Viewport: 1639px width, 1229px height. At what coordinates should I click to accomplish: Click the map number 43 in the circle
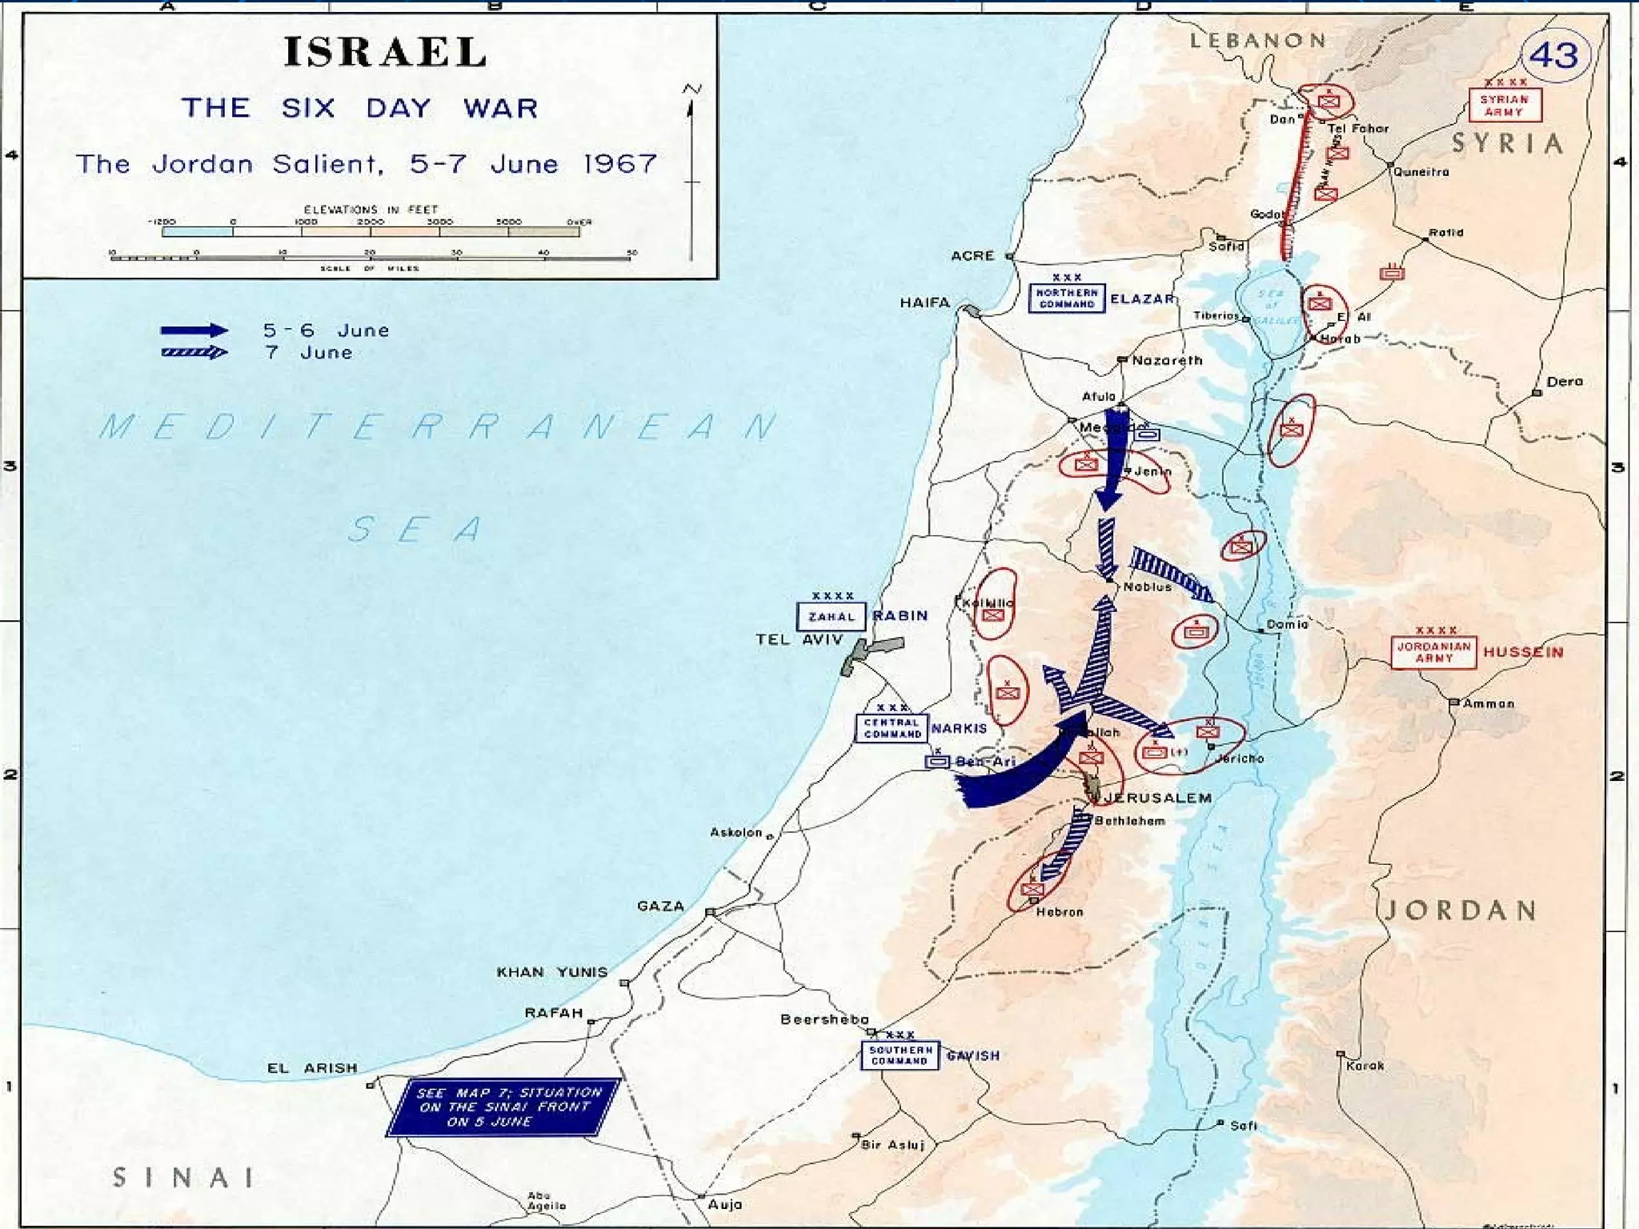tap(1553, 55)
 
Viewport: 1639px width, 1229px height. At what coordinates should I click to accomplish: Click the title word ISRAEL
tap(385, 52)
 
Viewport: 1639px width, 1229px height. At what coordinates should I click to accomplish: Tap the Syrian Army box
tap(1505, 105)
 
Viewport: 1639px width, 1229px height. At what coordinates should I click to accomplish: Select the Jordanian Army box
tap(1433, 652)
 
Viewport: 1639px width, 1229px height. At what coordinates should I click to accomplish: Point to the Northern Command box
tap(1066, 298)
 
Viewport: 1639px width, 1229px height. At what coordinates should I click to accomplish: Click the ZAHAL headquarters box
tap(831, 616)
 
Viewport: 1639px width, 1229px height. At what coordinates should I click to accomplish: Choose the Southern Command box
tap(900, 1055)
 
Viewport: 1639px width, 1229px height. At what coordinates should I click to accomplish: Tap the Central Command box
tap(892, 728)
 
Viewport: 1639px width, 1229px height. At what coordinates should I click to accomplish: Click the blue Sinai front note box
tap(503, 1107)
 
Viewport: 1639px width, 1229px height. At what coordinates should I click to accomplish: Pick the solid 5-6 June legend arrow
tap(194, 330)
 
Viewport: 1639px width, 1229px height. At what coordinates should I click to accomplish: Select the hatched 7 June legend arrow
tap(194, 353)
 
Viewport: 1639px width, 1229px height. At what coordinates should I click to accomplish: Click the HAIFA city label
tap(924, 302)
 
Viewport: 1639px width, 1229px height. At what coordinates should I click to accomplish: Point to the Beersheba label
tap(824, 1019)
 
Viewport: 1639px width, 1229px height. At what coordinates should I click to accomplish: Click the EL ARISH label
tap(312, 1068)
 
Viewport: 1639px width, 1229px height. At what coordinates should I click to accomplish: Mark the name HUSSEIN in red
tap(1522, 652)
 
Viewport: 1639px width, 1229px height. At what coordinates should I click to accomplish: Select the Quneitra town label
tap(1421, 172)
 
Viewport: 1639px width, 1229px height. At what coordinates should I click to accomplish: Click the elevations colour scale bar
tap(370, 232)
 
